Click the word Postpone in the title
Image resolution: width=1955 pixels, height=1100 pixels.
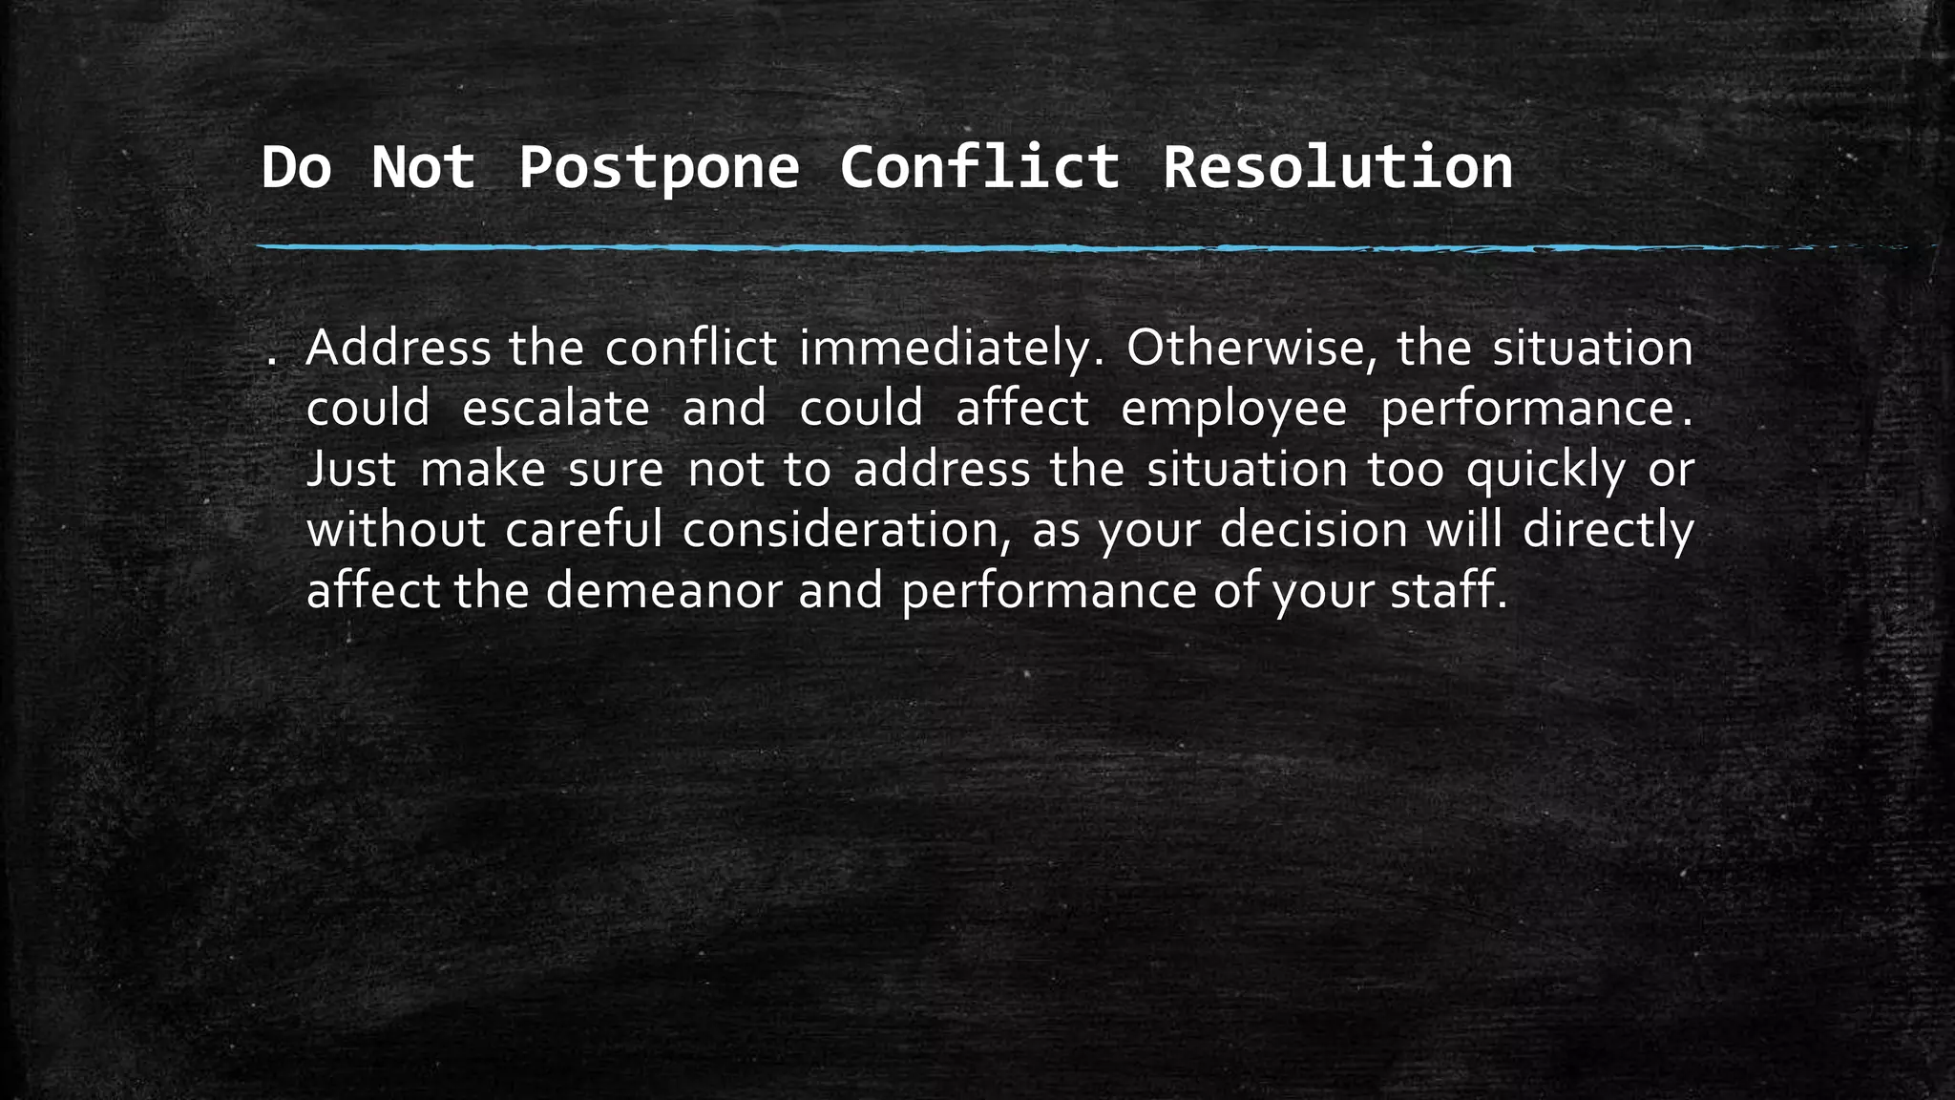click(659, 168)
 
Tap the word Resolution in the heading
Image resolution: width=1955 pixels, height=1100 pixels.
click(1337, 168)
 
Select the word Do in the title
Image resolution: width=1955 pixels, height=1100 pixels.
click(296, 168)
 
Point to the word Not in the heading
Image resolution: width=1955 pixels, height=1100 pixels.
click(423, 168)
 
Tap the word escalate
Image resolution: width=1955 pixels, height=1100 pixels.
click(556, 409)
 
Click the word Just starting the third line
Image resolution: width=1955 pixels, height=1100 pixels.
click(351, 470)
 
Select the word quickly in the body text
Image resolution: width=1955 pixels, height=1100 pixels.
click(1545, 471)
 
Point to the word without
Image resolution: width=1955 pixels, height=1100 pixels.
click(395, 530)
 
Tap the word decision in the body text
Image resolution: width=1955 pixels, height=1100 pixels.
click(1314, 530)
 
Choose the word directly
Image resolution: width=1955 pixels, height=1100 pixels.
click(1608, 531)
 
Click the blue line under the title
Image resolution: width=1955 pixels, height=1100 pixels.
click(955, 248)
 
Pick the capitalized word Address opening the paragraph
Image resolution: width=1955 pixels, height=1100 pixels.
click(398, 349)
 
